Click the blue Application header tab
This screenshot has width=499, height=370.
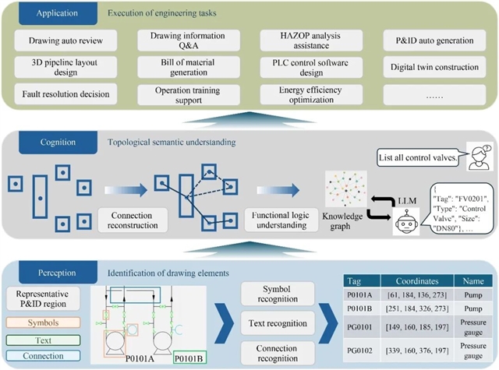coord(58,13)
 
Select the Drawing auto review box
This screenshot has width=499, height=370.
coord(65,41)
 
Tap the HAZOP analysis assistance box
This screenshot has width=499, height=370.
coord(311,41)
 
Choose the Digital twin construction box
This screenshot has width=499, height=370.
coord(434,67)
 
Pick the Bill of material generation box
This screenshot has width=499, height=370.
coord(189,67)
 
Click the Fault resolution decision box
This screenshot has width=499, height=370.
coord(65,94)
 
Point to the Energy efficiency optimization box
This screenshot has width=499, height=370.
coord(311,94)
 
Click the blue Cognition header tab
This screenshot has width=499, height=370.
coord(58,143)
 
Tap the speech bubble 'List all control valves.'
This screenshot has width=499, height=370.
coord(418,157)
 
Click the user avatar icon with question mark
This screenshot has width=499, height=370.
coord(480,157)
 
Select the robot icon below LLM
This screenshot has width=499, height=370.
coord(406,221)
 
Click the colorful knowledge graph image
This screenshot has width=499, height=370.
coord(346,189)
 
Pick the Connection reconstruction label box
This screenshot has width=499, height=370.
coord(133,220)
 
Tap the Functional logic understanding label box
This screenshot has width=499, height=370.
coord(281,220)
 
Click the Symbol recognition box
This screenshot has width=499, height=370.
coord(278,294)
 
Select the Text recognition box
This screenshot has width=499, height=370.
coord(278,323)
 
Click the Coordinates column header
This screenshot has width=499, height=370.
coord(417,281)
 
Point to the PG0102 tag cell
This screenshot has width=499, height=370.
coord(362,351)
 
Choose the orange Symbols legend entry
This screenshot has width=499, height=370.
coord(43,322)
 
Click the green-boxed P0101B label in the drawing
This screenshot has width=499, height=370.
coord(190,358)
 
